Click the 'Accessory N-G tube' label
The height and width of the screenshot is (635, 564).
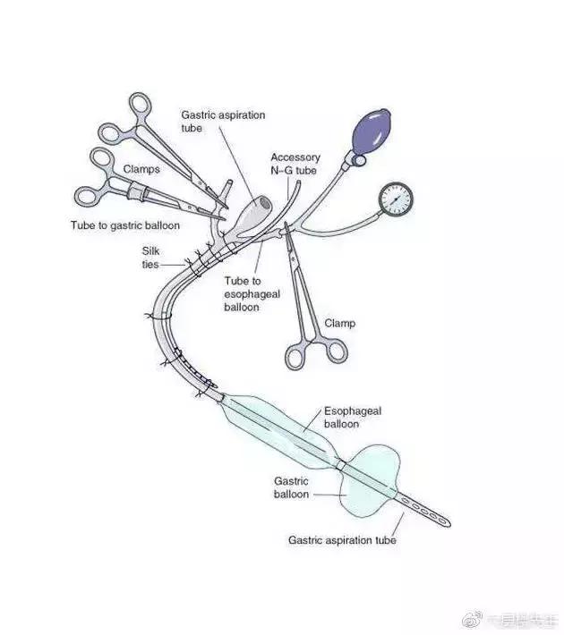click(x=295, y=165)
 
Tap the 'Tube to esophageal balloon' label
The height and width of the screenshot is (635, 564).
click(x=248, y=294)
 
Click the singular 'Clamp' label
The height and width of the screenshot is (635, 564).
click(x=339, y=323)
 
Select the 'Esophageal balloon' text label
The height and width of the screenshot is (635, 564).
click(x=352, y=416)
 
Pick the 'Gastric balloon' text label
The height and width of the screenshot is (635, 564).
click(x=291, y=487)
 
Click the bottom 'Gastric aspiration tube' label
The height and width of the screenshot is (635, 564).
click(x=341, y=540)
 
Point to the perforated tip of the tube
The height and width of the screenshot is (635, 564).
click(x=425, y=510)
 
